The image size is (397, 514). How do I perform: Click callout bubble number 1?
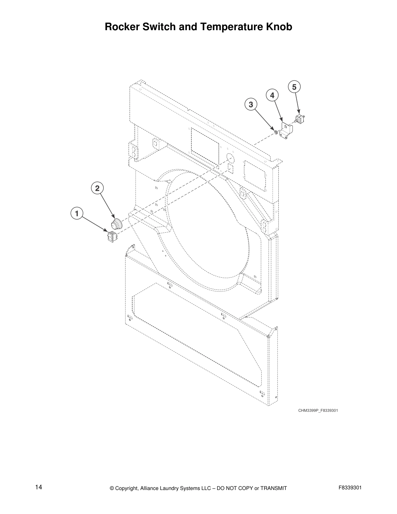tap(77, 214)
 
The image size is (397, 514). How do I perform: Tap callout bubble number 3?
tap(251, 105)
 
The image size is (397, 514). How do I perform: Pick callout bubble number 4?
tap(272, 95)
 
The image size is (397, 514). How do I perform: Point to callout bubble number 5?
tap(294, 87)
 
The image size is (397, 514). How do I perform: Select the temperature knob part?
tap(117, 224)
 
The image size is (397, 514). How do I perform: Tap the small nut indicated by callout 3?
tap(275, 132)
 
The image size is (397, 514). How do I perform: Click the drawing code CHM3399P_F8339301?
tap(318, 410)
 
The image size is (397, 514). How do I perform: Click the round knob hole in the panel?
tap(230, 158)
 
